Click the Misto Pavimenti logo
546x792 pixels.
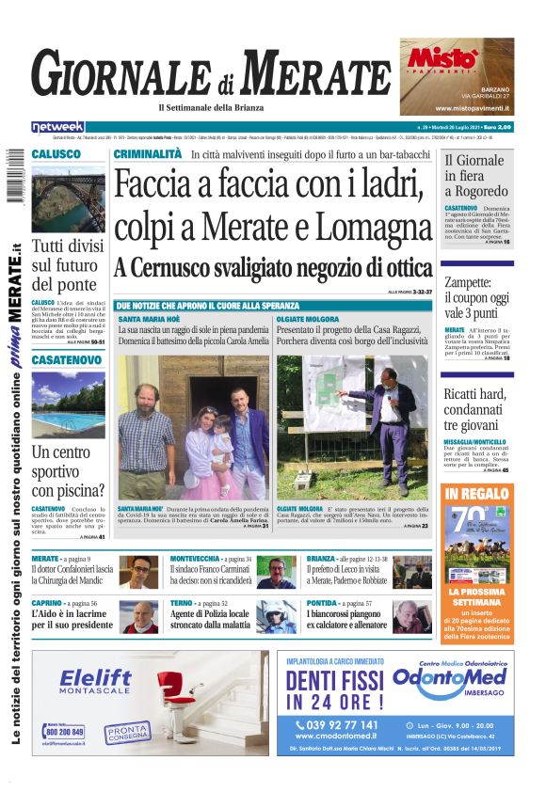coord(441,58)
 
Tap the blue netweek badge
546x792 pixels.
coord(58,126)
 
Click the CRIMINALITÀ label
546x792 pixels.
coord(148,153)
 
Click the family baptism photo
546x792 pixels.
coord(193,426)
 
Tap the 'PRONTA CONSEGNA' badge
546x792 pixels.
coord(126,731)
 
